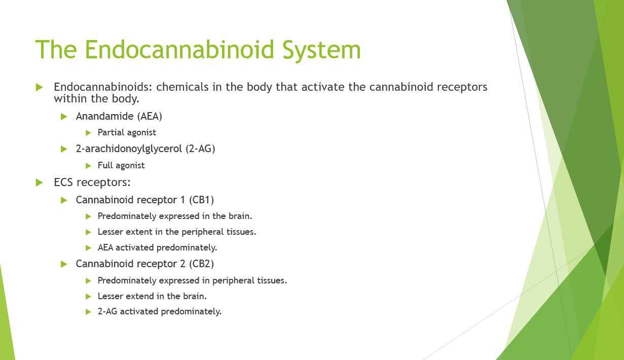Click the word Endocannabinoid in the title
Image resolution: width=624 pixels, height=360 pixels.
[179, 50]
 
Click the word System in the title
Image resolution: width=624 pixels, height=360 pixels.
[322, 50]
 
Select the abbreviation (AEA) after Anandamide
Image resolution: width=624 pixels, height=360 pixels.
[150, 116]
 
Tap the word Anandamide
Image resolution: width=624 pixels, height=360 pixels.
[105, 116]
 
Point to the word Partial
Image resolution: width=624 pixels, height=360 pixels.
[111, 132]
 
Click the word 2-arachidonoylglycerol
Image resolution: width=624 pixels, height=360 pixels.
[129, 149]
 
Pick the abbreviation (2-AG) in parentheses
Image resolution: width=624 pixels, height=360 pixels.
[200, 149]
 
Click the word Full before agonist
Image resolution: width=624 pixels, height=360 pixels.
[105, 165]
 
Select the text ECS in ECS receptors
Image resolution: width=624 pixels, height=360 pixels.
[63, 182]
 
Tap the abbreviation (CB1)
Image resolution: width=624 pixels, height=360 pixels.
[201, 200]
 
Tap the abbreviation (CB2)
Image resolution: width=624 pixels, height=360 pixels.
[201, 264]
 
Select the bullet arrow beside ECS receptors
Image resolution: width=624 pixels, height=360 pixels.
[39, 183]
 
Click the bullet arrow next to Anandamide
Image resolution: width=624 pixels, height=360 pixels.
[64, 117]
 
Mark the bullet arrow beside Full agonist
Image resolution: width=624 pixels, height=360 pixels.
[88, 166]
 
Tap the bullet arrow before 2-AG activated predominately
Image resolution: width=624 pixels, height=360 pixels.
[88, 312]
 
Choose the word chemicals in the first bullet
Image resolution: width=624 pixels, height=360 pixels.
[182, 87]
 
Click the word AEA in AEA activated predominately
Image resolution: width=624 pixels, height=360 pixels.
[105, 248]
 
